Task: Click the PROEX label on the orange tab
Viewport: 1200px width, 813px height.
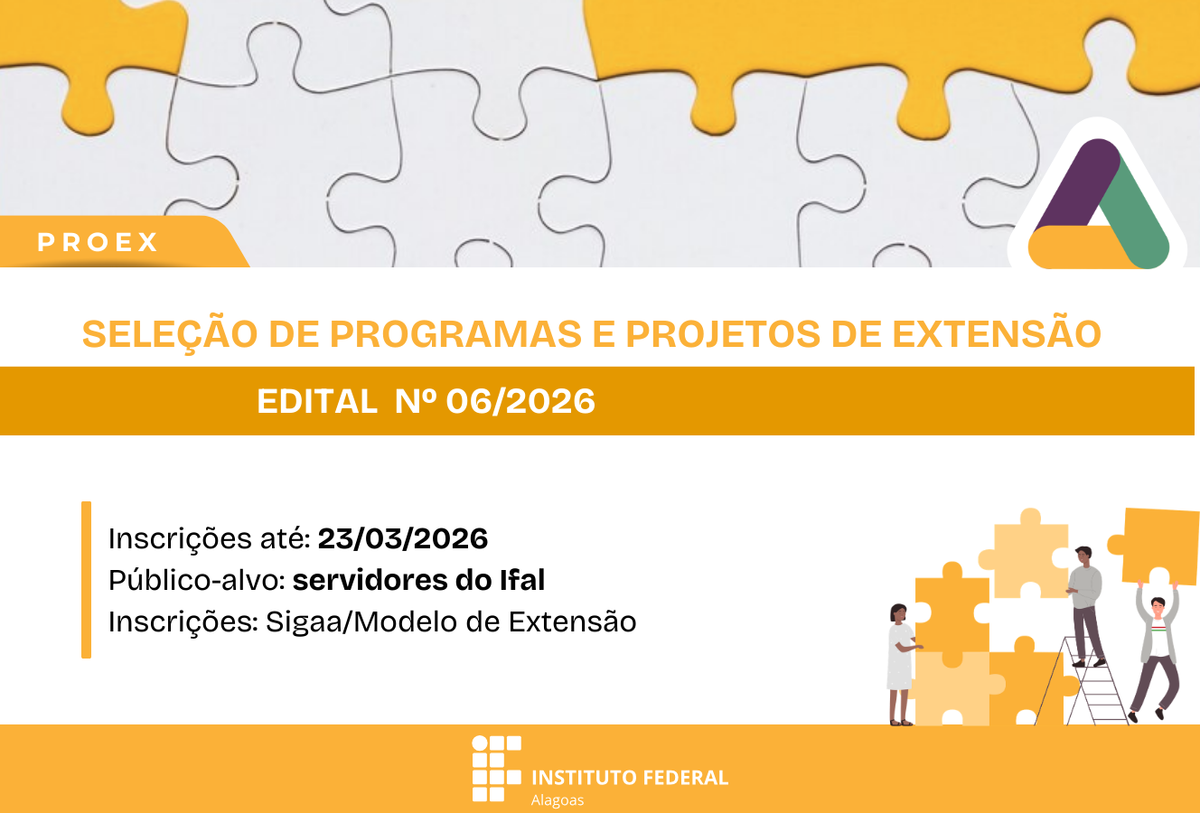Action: coord(98,242)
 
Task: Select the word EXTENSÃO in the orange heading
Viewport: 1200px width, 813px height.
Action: coord(997,334)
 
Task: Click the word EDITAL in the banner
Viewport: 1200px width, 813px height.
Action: coord(317,401)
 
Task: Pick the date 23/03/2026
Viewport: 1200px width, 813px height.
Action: coord(403,538)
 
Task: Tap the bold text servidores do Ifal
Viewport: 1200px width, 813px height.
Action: coord(418,580)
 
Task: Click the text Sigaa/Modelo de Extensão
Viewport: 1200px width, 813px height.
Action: coord(451,621)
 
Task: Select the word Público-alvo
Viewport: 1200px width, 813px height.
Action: coord(196,580)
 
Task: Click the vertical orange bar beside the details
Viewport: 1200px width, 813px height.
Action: coord(86,580)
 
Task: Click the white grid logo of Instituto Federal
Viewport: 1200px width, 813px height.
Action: coord(496,769)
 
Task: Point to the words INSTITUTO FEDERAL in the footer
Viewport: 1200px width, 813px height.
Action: coord(630,777)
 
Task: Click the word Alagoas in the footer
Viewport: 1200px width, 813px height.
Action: coord(558,800)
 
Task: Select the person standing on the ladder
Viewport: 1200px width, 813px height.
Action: coord(1084,603)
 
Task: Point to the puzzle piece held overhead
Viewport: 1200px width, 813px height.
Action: coord(1158,546)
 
